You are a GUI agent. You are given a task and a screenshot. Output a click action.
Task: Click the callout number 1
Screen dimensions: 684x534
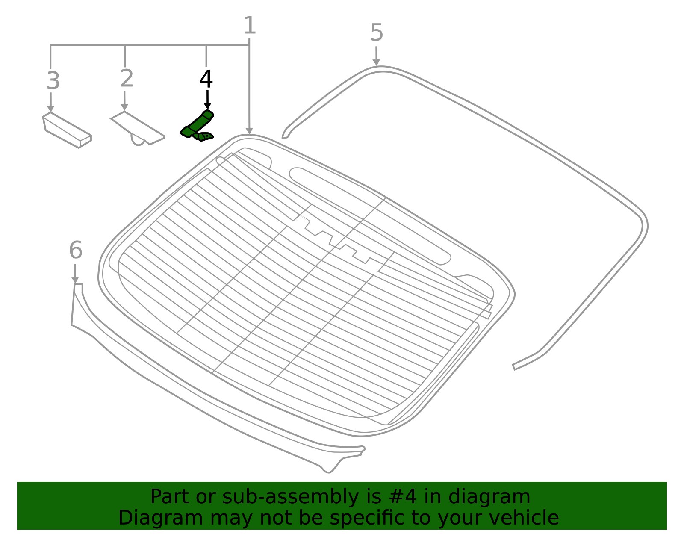click(250, 26)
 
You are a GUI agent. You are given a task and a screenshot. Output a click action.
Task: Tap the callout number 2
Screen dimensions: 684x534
click(127, 78)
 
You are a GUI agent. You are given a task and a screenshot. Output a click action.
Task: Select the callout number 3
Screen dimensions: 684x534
click(53, 81)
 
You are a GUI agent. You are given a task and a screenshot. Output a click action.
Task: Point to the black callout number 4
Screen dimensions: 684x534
click(206, 79)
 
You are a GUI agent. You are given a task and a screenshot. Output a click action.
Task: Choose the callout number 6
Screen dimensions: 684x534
click(76, 250)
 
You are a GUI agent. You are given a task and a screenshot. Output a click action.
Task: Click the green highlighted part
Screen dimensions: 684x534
click(198, 126)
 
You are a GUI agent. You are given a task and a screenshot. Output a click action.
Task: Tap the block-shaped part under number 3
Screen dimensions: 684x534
click(67, 130)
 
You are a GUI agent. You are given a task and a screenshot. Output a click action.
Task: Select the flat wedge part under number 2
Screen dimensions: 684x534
click(138, 128)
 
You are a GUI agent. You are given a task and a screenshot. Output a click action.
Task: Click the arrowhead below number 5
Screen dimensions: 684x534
click(376, 62)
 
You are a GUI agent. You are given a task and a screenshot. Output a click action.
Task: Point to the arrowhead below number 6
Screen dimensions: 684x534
click(75, 280)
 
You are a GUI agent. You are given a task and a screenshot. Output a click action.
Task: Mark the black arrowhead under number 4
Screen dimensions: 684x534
click(207, 106)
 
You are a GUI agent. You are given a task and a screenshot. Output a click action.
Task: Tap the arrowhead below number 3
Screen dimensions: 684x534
click(51, 109)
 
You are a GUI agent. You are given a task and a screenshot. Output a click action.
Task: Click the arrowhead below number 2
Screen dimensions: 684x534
click(124, 108)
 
